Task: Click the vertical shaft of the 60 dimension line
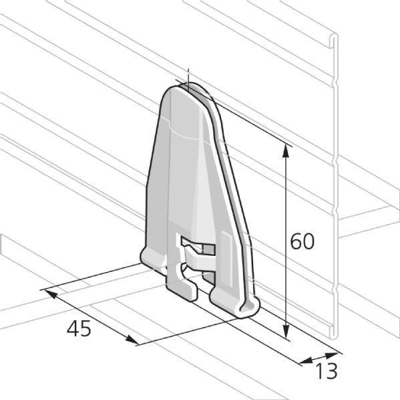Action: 286,200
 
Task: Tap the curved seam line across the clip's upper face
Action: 184,136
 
